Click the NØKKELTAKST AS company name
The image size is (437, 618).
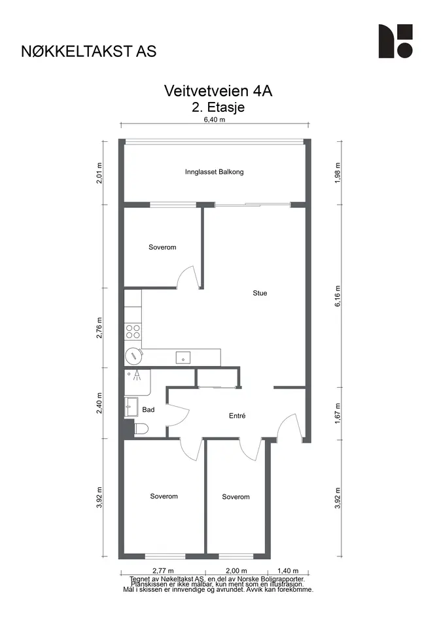89,51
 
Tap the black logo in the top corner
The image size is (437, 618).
396,41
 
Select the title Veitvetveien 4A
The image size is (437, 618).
218,91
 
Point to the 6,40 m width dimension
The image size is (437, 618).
215,120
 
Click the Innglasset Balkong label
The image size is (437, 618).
214,172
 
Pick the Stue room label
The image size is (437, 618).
260,293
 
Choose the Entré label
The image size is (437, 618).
237,415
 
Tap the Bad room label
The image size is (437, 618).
149,409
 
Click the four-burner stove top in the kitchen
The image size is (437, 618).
133,331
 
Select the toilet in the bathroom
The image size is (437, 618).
141,429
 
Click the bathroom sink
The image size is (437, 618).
131,407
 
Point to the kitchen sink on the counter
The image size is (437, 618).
183,358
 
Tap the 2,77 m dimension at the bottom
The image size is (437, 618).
163,570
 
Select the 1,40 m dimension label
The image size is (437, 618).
288,570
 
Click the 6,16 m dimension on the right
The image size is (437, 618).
338,296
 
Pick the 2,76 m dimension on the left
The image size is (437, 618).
99,328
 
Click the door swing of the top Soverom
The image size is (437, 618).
187,275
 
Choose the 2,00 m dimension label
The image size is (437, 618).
236,570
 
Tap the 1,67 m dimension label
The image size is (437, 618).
338,413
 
